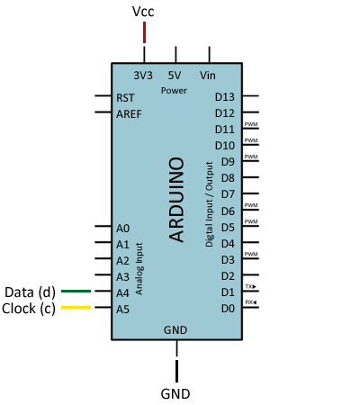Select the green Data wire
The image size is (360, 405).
[x=76, y=292]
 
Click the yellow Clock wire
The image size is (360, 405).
[x=76, y=308]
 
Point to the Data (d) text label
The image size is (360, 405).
[x=30, y=292]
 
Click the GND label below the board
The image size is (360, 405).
[x=175, y=393]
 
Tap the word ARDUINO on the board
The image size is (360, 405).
[x=177, y=199]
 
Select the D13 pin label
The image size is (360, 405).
[x=225, y=96]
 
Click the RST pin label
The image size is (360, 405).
[x=125, y=96]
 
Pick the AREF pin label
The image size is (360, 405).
[x=128, y=113]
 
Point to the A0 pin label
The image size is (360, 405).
[x=122, y=228]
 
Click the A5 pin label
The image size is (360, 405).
[x=122, y=309]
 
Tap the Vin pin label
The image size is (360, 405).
[x=209, y=75]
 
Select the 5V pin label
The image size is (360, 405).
[x=175, y=75]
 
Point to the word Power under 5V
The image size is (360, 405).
[x=175, y=91]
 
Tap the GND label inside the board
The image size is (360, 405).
[x=175, y=329]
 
